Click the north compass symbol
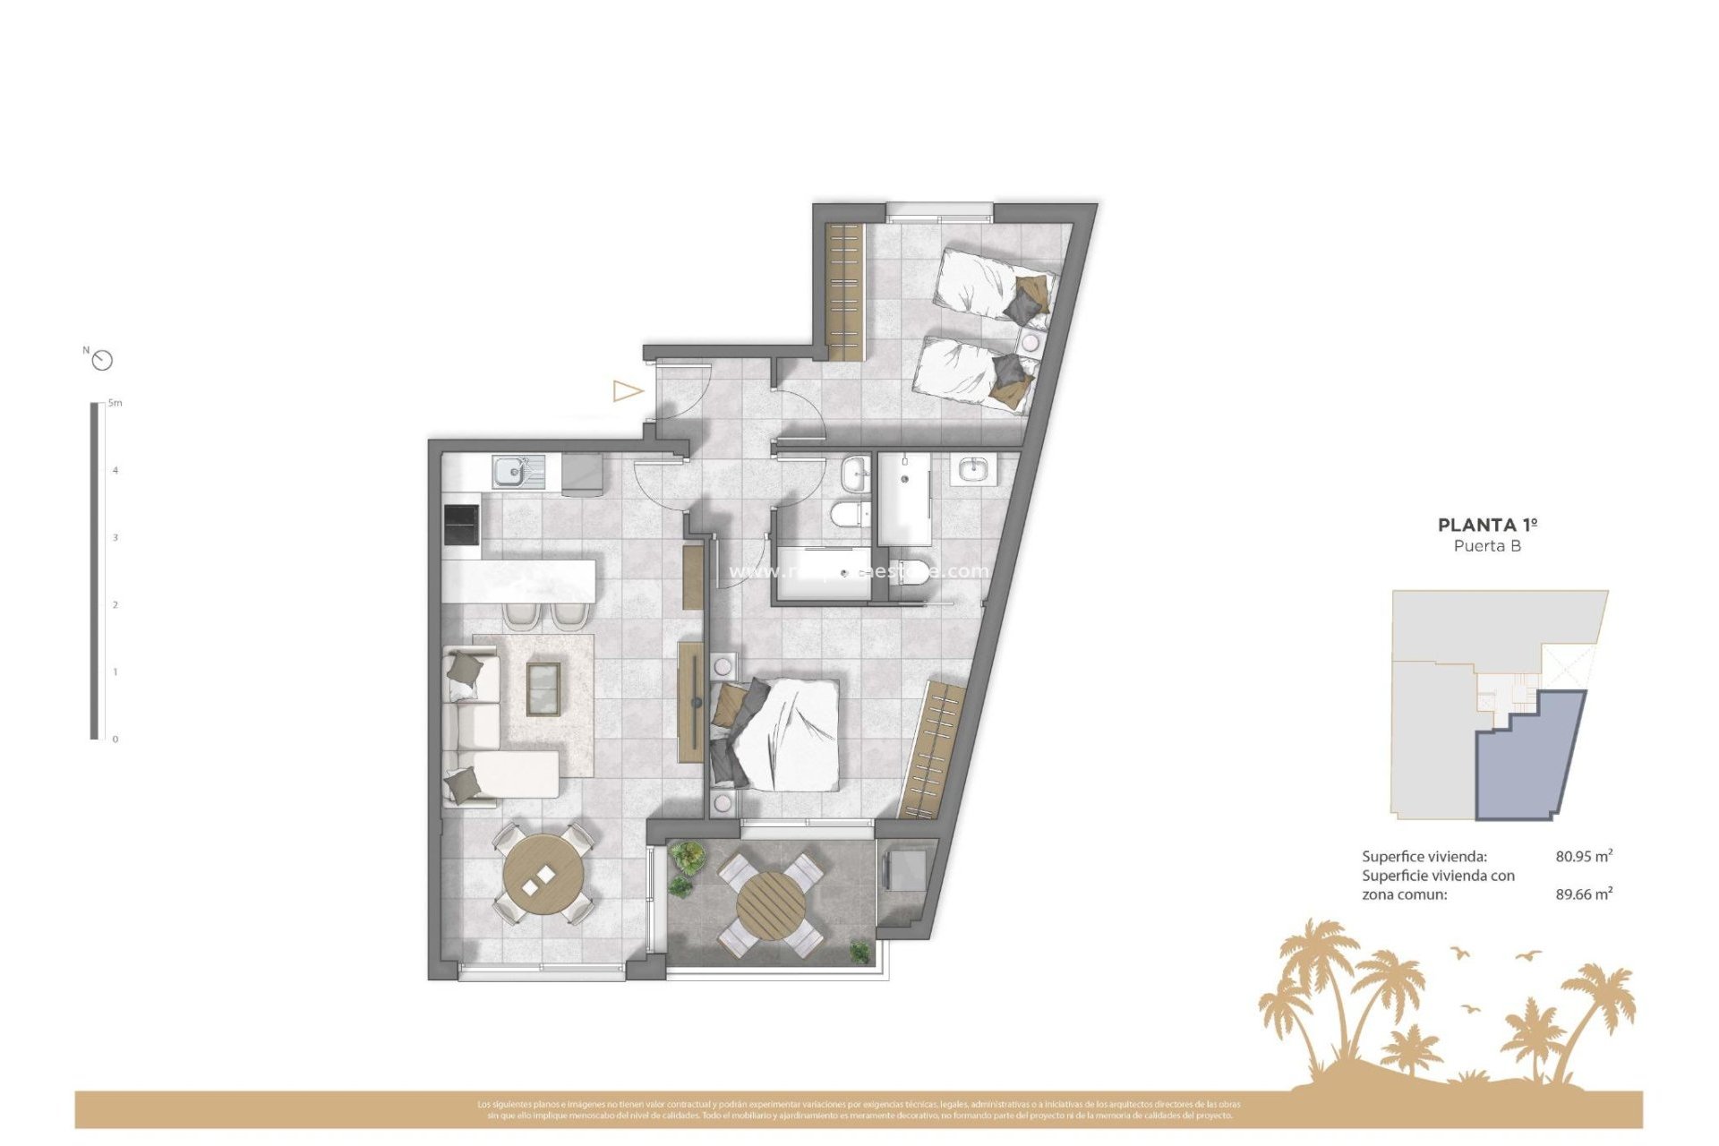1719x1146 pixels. pyautogui.click(x=103, y=360)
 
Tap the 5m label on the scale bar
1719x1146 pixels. pyautogui.click(x=115, y=403)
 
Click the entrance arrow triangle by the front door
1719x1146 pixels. pyautogui.click(x=627, y=391)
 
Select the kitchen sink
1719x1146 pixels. pyautogui.click(x=511, y=470)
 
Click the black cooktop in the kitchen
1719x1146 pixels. pyautogui.click(x=462, y=525)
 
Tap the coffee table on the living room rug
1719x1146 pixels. pyautogui.click(x=543, y=688)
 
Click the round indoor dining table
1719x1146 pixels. pyautogui.click(x=543, y=873)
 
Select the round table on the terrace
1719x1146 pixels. pyautogui.click(x=770, y=905)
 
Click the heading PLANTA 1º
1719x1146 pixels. pyautogui.click(x=1487, y=526)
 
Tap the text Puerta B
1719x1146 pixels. pyautogui.click(x=1487, y=546)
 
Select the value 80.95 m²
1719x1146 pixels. pyautogui.click(x=1583, y=856)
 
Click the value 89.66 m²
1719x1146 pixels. pyautogui.click(x=1583, y=894)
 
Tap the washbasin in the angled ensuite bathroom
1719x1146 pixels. pyautogui.click(x=972, y=469)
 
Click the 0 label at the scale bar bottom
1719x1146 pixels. pyautogui.click(x=115, y=740)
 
